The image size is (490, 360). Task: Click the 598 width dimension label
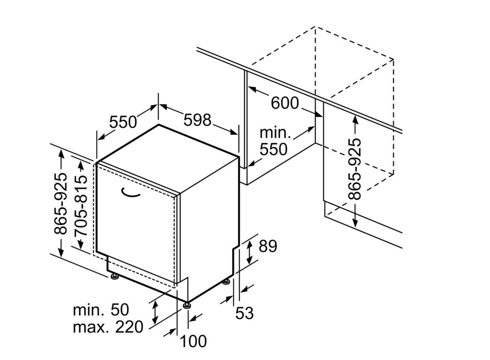(x=198, y=120)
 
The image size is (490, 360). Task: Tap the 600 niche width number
(x=285, y=103)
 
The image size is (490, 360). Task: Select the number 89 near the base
(x=267, y=246)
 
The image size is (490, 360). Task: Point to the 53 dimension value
(x=245, y=313)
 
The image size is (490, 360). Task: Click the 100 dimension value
(x=193, y=341)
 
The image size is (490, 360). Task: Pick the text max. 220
(x=108, y=328)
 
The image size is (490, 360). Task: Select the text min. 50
(x=101, y=310)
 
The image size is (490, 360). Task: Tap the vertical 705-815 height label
(x=80, y=205)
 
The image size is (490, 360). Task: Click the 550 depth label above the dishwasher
(x=123, y=122)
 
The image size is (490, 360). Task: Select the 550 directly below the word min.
(x=273, y=149)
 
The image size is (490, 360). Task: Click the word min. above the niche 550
(x=275, y=133)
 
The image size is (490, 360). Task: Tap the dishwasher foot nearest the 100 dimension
(x=187, y=305)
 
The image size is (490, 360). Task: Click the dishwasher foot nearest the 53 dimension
(x=225, y=281)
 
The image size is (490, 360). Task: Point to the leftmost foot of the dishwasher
(x=114, y=277)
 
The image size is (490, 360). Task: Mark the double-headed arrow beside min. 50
(x=155, y=312)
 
